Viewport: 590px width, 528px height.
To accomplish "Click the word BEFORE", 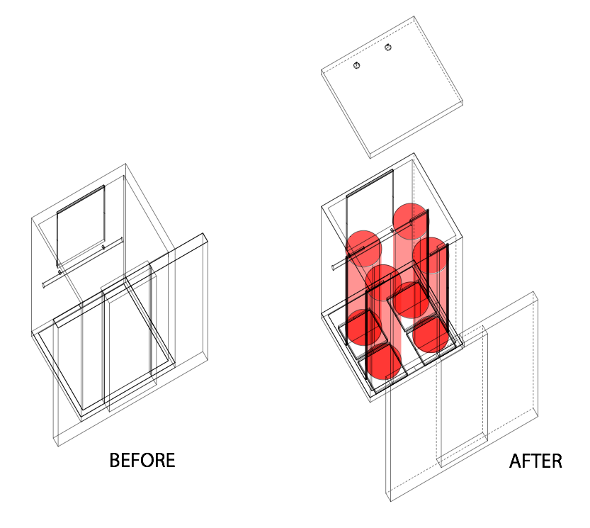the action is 142,460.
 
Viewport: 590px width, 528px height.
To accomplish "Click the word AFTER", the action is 535,461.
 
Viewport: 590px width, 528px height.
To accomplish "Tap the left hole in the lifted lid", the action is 357,65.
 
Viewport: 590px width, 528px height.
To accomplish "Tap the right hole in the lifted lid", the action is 388,47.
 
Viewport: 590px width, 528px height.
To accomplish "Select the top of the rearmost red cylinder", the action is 411,221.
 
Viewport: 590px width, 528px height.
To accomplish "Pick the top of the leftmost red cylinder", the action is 364,249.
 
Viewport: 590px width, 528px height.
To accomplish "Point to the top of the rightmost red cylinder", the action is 431,255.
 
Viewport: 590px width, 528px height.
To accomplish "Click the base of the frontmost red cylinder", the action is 383,361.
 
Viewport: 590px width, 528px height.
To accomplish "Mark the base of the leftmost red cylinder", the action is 364,327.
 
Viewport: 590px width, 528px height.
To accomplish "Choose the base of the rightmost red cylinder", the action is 431,335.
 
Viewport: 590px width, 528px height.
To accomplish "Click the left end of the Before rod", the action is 44,285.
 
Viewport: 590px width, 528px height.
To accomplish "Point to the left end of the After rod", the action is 334,267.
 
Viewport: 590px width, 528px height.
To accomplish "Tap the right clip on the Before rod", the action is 103,247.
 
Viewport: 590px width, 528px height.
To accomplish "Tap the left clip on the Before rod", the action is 59,272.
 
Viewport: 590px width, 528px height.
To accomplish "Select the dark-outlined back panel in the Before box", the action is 81,225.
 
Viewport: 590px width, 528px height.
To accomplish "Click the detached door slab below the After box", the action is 462,396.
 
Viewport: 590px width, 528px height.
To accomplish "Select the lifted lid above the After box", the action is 392,87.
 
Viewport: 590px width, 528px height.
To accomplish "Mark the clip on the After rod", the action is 392,230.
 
